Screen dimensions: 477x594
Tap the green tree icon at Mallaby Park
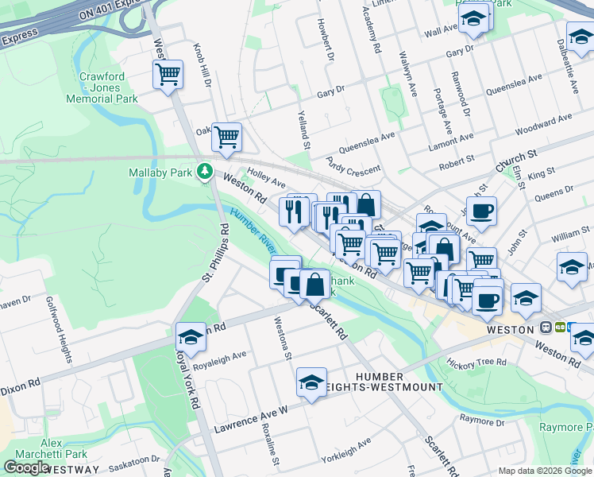(205, 171)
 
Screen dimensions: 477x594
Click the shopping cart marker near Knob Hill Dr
(168, 75)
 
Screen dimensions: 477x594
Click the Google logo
(26, 467)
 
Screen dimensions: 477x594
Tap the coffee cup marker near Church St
(480, 211)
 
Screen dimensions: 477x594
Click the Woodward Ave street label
(543, 124)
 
